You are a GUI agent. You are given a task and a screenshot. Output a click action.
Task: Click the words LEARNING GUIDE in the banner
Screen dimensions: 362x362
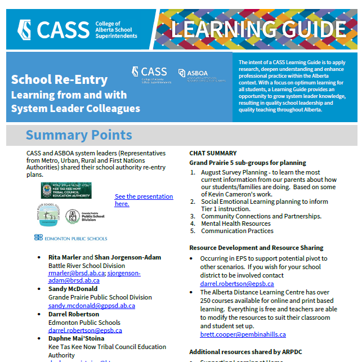[258, 29]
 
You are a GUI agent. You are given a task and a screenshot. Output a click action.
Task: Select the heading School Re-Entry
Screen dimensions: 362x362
[59, 79]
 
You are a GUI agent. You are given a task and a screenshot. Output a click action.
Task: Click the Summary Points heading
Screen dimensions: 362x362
[79, 135]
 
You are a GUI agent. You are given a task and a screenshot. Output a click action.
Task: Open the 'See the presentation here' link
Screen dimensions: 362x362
[144, 200]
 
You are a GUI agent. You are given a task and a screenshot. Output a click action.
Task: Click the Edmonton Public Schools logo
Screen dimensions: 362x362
[70, 238]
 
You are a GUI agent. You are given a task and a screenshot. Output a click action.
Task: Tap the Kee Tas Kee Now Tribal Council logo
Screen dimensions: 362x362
[66, 190]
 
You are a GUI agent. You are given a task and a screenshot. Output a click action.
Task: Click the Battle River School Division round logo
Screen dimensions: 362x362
[48, 216]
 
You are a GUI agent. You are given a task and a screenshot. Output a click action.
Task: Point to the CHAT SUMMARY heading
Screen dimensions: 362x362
[213, 153]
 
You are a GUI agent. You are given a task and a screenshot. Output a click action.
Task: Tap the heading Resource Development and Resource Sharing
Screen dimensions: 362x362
[256, 248]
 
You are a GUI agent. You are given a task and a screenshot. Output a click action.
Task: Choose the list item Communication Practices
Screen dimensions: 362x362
[229, 231]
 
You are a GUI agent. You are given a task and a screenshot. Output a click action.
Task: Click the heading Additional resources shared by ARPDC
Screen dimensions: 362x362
[245, 352]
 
